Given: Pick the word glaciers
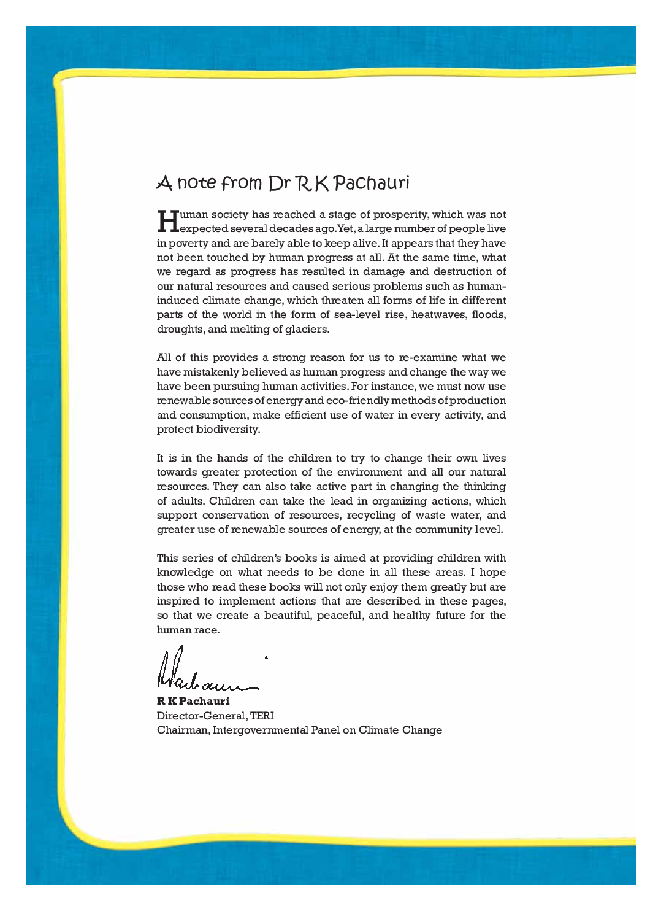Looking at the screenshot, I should point(307,330).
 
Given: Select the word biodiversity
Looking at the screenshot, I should point(228,430).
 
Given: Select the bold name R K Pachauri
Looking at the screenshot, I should point(193,701).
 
